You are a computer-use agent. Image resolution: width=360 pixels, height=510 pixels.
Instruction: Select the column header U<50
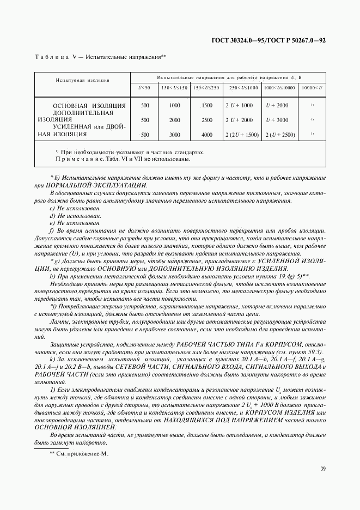click(x=144, y=88)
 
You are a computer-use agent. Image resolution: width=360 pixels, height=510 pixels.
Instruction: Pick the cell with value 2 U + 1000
click(x=239, y=105)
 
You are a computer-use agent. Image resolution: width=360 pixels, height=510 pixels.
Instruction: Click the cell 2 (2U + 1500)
click(x=241, y=134)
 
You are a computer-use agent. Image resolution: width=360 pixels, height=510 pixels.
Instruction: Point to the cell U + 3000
click(x=277, y=120)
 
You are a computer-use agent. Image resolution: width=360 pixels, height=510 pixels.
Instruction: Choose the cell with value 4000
click(x=207, y=134)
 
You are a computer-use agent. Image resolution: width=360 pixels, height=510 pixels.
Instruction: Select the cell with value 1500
click(x=207, y=105)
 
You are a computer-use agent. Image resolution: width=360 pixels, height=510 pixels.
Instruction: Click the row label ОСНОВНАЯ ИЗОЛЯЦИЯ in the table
click(x=89, y=105)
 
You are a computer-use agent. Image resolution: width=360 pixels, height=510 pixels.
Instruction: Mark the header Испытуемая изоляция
click(x=82, y=80)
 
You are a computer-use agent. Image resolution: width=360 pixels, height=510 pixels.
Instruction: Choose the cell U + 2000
click(x=277, y=105)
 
